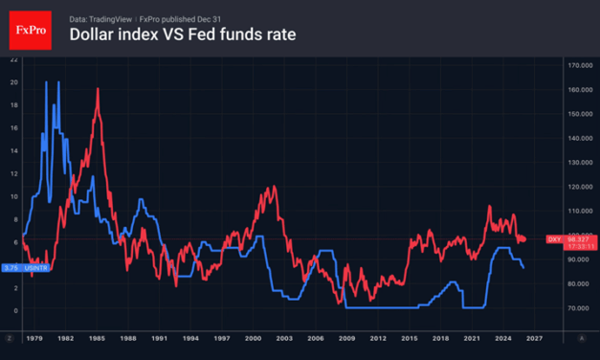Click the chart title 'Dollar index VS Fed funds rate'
[x=183, y=35]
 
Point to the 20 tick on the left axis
[x=13, y=82]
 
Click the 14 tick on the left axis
[x=13, y=150]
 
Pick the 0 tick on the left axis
[x=13, y=310]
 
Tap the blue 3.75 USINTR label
[x=25, y=268]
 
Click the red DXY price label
[x=569, y=239]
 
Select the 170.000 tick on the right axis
[x=578, y=65]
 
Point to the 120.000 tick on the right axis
[x=578, y=187]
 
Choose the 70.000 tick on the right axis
[x=578, y=308]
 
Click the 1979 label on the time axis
[x=34, y=338]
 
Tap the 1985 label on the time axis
[x=97, y=338]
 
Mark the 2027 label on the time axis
[x=534, y=338]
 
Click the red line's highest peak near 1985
[x=98, y=89]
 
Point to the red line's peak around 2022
[x=489, y=206]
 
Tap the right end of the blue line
[x=523, y=267]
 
